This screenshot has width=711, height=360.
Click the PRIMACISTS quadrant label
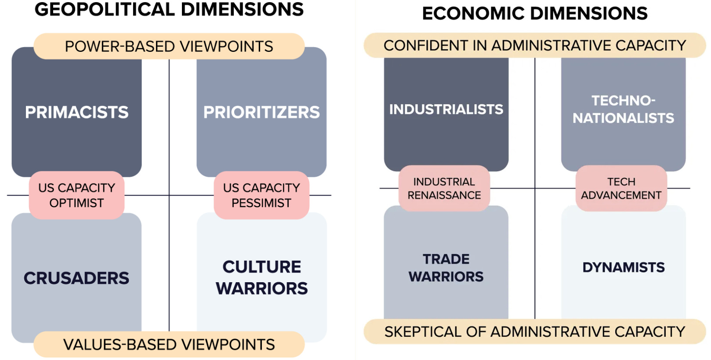77,112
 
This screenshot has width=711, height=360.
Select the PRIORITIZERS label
261,112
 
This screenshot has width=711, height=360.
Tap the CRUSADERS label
76,278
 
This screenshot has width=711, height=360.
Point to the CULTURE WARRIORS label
261,277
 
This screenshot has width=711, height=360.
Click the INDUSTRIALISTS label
446,109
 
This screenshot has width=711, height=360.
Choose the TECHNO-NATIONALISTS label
623,109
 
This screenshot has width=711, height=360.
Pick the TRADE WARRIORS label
446,268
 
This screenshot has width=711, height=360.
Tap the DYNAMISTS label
624,267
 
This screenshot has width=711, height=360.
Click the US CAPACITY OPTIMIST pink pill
76,195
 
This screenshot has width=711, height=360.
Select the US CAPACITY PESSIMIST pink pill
261,195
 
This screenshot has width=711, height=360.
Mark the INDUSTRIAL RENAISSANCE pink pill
444,188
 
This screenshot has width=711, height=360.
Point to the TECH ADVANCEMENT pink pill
621,188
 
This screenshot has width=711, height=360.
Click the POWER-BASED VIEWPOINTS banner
169,46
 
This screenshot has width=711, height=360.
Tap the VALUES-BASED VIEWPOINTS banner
169,344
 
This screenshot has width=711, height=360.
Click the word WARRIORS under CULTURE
262,288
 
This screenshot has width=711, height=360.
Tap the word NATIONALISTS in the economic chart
623,118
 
